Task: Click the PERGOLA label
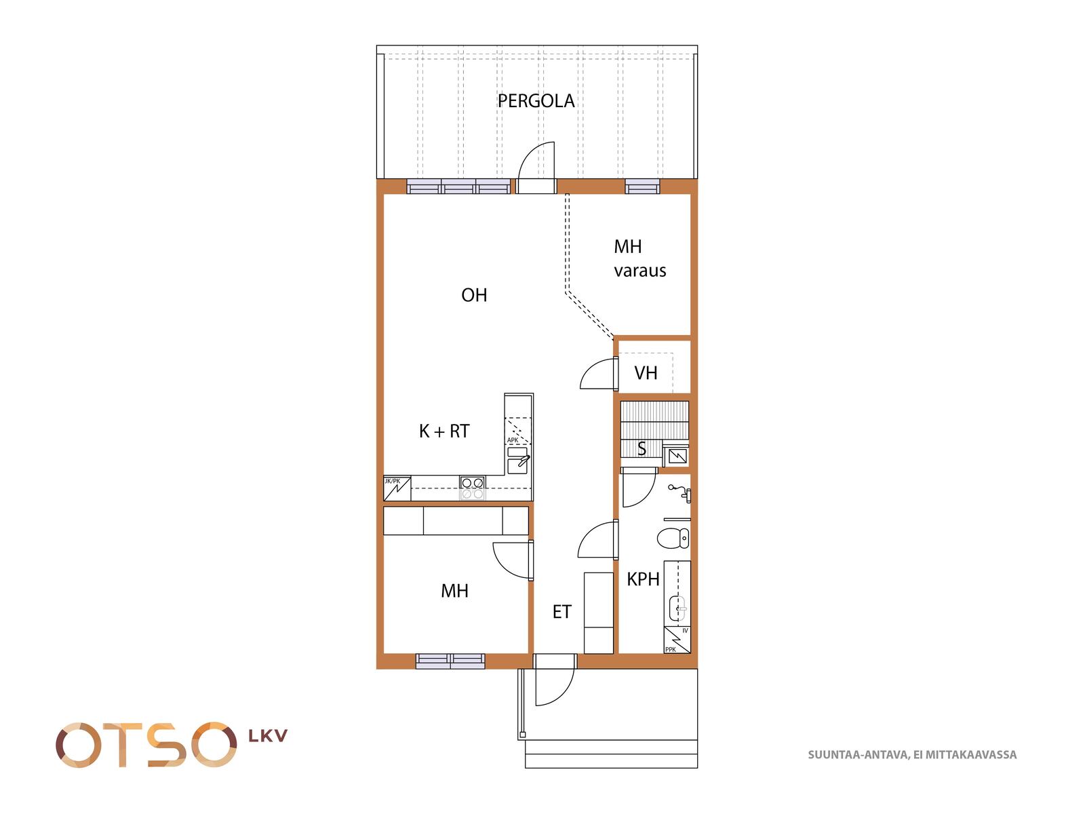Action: tap(536, 101)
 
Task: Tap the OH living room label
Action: tap(474, 295)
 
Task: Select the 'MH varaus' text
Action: tap(639, 258)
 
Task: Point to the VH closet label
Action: tap(646, 373)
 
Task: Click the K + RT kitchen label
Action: tap(444, 431)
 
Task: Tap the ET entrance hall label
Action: tap(561, 612)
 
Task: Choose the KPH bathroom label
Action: tap(643, 579)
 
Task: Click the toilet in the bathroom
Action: tap(673, 538)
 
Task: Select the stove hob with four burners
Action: tap(472, 488)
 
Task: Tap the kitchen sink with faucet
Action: tap(517, 461)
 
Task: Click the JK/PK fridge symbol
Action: tap(397, 488)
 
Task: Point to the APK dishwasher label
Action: tap(513, 440)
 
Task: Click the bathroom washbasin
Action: tap(677, 608)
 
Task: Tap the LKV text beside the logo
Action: tap(267, 737)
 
